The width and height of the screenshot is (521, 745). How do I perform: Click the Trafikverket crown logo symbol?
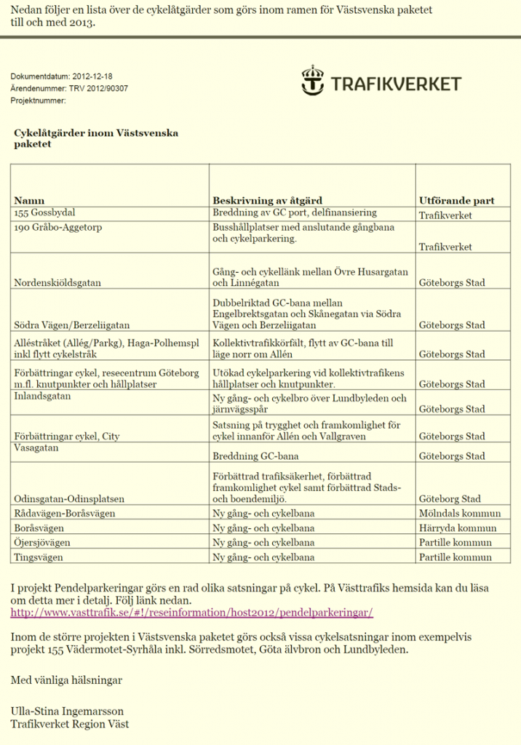point(313,80)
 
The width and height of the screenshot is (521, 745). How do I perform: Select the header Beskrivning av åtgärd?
point(267,200)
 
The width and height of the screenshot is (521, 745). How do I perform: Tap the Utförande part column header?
point(456,200)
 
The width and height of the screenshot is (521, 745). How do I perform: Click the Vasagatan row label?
point(38,449)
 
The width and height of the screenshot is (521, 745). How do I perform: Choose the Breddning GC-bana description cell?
point(255,456)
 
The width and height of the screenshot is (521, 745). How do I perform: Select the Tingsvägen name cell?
point(39,557)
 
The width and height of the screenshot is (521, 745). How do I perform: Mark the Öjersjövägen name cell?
point(43,543)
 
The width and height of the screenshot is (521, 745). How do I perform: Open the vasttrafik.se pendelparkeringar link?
point(191,613)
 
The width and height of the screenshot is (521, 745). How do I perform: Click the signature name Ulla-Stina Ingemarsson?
point(67,711)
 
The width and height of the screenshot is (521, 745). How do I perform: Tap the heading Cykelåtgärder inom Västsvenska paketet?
point(95,138)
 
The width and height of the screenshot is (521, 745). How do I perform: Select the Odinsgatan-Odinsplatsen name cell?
point(68,499)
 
